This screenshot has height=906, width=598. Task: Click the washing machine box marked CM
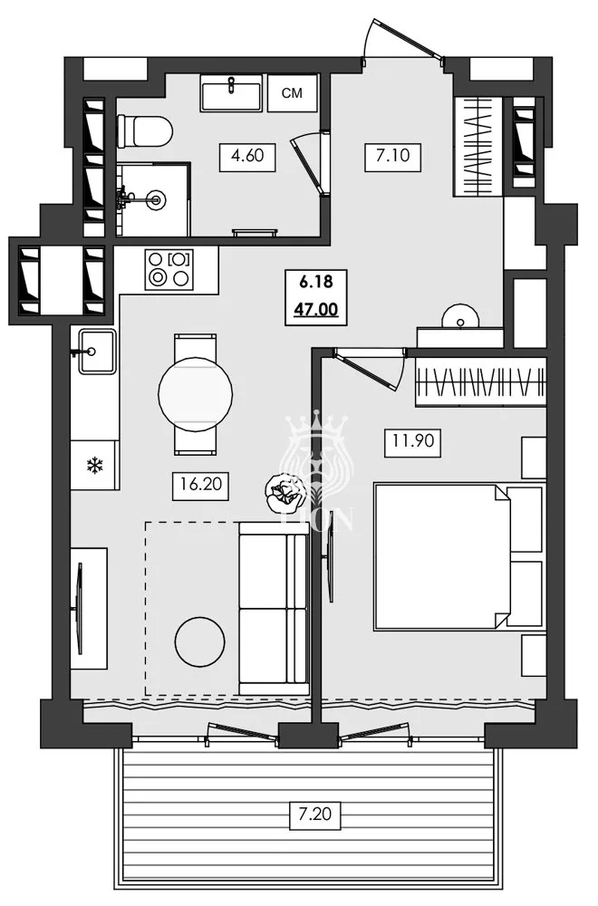pos(292,92)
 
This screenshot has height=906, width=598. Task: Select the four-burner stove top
pos(169,268)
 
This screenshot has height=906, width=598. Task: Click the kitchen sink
pos(95,352)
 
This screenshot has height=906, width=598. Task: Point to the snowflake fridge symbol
pos(92,466)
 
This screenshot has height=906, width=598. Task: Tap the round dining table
pos(195,393)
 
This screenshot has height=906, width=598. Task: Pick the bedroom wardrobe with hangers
pos(480,382)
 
